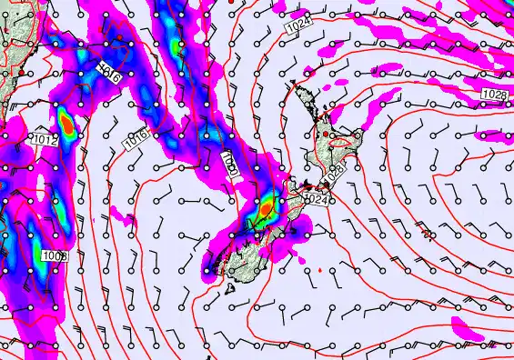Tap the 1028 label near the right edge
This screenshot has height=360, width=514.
click(x=494, y=95)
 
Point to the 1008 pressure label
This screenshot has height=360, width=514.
click(x=55, y=256)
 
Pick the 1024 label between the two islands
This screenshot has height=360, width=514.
click(x=316, y=199)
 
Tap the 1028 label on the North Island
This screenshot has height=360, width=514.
click(x=337, y=170)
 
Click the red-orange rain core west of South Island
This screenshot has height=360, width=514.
click(x=265, y=208)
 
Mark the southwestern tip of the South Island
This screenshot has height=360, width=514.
click(x=211, y=269)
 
